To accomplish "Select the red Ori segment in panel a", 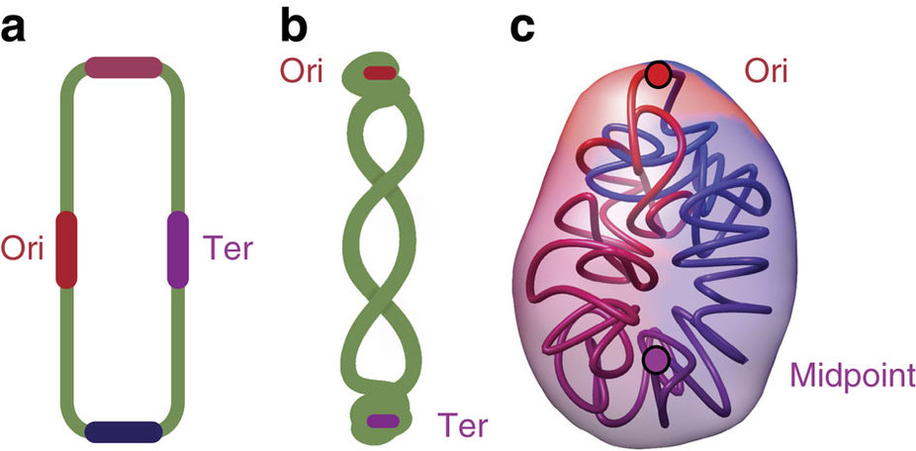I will click(x=66, y=248).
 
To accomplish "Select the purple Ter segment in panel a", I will click(x=178, y=248).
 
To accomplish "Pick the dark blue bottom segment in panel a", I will click(x=123, y=431).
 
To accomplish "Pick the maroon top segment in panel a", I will click(x=123, y=67).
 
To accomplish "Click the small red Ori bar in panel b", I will click(x=380, y=72).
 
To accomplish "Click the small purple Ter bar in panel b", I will click(x=382, y=421).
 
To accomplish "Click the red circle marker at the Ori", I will click(x=658, y=74).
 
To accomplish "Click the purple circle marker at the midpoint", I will click(x=655, y=358).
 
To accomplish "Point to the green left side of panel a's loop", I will click(x=66, y=148).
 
